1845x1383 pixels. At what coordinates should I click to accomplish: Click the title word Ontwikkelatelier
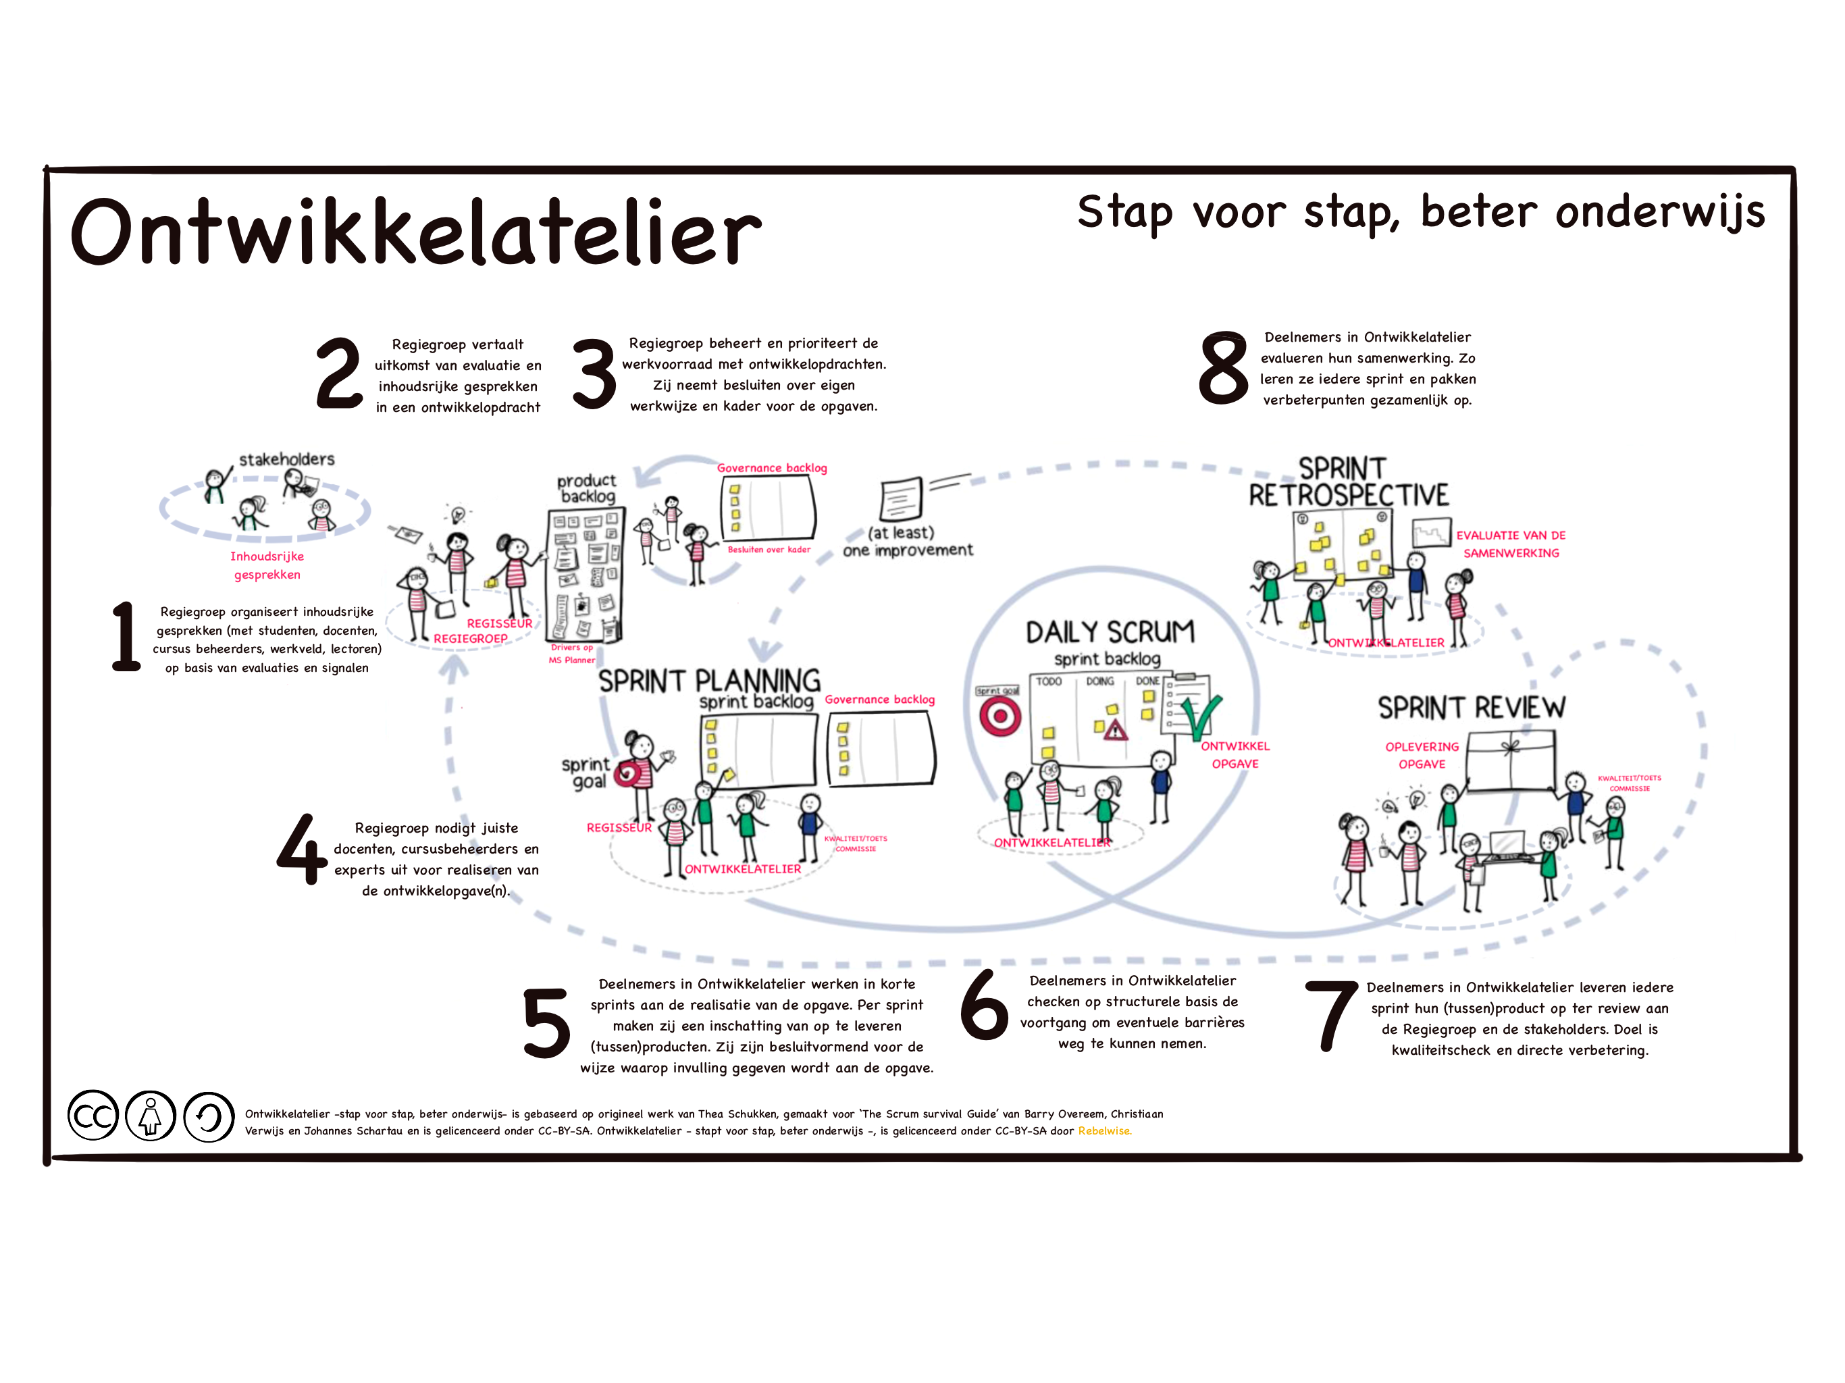point(415,232)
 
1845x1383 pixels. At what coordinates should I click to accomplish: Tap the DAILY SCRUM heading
point(1110,632)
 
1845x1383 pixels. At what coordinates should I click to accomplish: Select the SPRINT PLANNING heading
point(709,681)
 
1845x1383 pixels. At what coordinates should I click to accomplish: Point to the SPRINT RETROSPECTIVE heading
point(1348,482)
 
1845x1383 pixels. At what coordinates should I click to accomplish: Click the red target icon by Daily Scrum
point(1000,716)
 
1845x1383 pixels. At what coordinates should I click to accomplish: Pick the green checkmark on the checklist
point(1202,716)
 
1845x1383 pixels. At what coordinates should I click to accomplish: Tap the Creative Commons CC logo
point(93,1115)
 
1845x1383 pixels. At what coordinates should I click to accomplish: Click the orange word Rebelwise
point(1104,1131)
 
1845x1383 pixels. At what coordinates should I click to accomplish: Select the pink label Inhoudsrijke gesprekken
point(267,565)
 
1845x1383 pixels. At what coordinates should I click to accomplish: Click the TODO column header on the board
point(1048,681)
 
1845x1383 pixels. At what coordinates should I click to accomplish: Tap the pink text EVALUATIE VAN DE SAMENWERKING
point(1511,544)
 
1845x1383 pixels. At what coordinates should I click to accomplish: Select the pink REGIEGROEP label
point(471,639)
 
